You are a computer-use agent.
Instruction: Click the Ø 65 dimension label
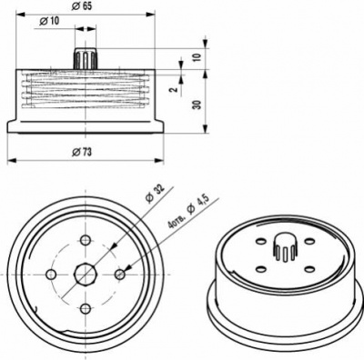pyautogui.click(x=82, y=6)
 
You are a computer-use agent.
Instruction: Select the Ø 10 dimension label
pyautogui.click(x=49, y=21)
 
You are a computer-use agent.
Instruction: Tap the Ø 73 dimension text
pyautogui.click(x=82, y=152)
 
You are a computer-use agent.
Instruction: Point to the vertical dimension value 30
pyautogui.click(x=197, y=105)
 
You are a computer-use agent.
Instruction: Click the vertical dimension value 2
pyautogui.click(x=173, y=90)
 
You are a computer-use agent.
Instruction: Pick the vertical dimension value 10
pyautogui.click(x=197, y=57)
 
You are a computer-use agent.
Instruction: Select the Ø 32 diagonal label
pyautogui.click(x=155, y=194)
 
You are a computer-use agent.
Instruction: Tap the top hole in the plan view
pyautogui.click(x=86, y=241)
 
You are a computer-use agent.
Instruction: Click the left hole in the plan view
pyautogui.click(x=51, y=275)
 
